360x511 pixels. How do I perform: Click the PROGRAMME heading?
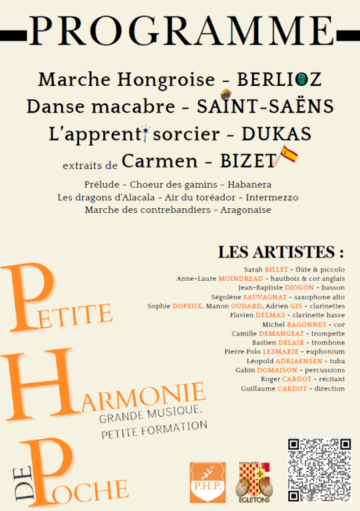pyautogui.click(x=180, y=31)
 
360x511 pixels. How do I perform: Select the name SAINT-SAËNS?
pyautogui.click(x=266, y=106)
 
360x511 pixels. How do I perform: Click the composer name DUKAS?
pyautogui.click(x=276, y=134)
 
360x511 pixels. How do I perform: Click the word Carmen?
pyautogui.click(x=160, y=161)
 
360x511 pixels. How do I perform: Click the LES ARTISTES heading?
pyautogui.click(x=281, y=252)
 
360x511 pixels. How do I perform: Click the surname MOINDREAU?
pyautogui.click(x=240, y=278)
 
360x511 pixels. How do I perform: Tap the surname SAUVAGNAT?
pyautogui.click(x=264, y=297)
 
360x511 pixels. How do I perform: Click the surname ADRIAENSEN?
pyautogui.click(x=289, y=361)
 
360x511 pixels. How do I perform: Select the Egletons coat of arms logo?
pyautogui.click(x=255, y=482)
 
